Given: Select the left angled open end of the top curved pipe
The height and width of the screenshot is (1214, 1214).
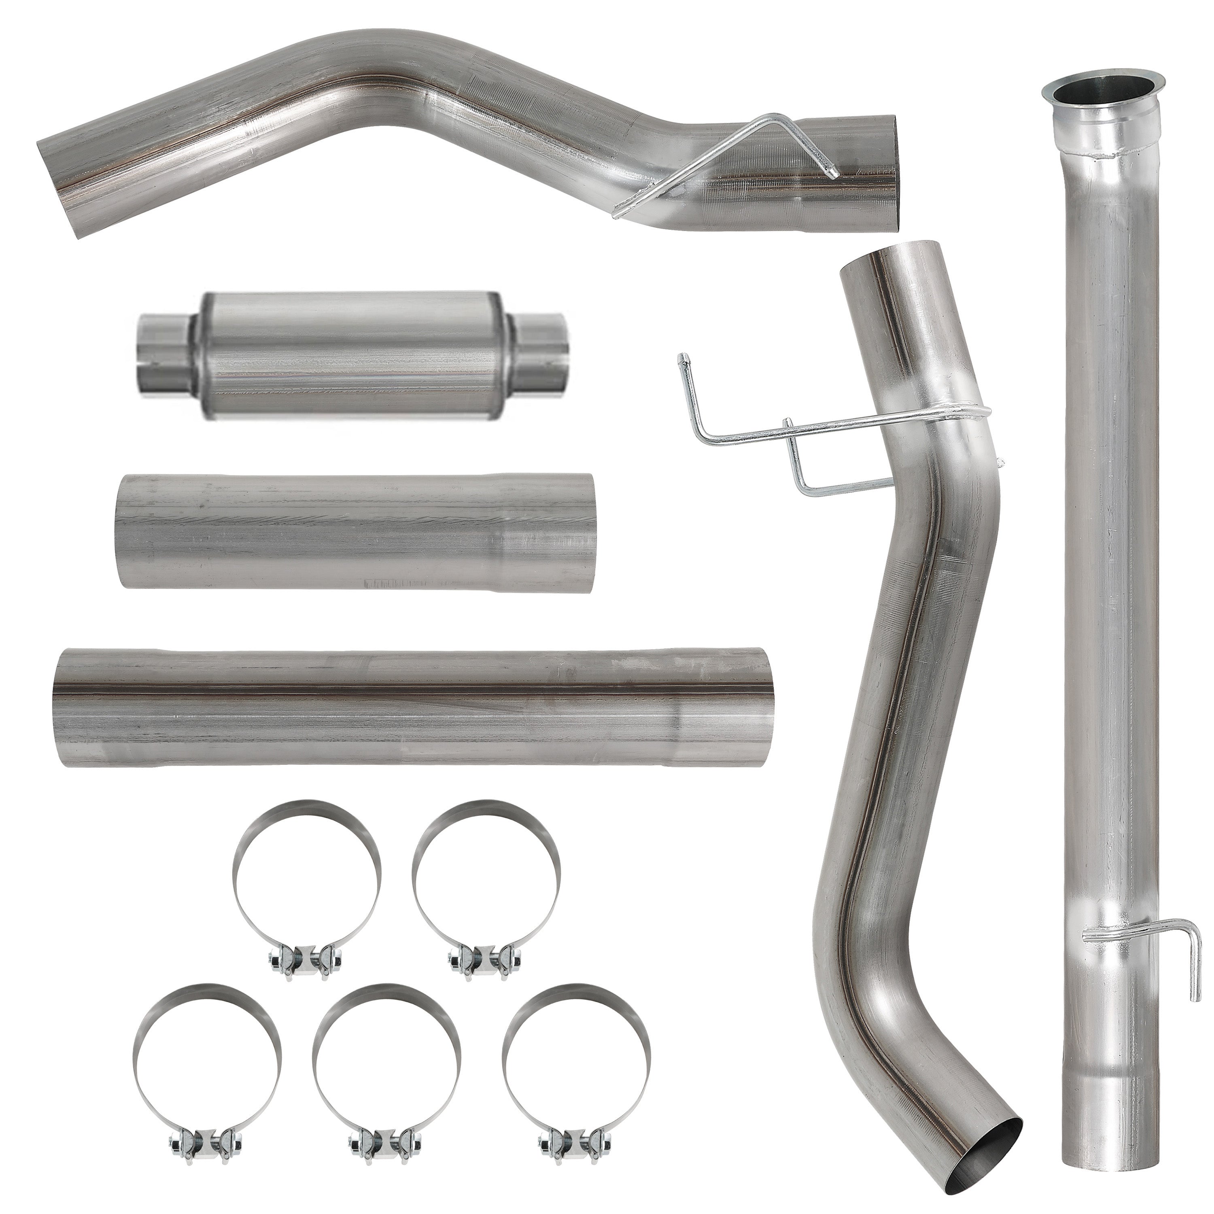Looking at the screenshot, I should [x=64, y=189].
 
